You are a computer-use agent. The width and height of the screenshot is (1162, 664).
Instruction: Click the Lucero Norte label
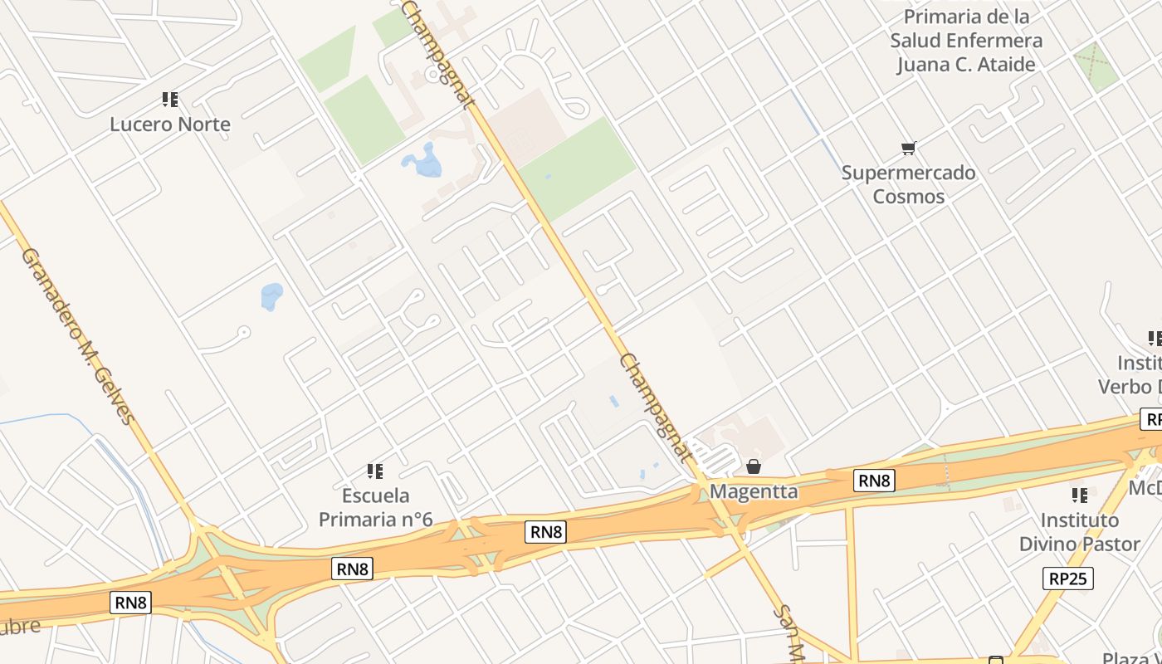pos(170,124)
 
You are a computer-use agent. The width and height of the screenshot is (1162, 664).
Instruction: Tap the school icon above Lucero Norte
pos(170,100)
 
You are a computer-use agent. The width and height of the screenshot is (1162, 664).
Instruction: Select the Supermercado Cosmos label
pos(908,184)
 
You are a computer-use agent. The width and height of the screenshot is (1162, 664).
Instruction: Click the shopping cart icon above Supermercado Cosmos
pos(908,149)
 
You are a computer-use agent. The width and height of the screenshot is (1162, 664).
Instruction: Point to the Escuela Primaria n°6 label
pos(376,508)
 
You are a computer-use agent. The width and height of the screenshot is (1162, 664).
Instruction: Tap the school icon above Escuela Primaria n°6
pos(375,471)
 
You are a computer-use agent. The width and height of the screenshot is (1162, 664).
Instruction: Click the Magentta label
pos(754,491)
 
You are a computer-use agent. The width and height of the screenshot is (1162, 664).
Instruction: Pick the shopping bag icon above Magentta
pos(754,466)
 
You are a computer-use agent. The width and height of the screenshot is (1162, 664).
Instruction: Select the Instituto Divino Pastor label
pos(1079,532)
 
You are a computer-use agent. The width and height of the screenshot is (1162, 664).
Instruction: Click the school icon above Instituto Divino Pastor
pos(1079,496)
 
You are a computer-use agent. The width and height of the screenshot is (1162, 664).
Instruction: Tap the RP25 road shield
pos(1067,579)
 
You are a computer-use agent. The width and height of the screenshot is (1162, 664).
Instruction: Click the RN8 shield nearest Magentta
pos(874,480)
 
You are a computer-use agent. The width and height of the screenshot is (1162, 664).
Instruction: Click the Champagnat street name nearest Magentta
pos(656,407)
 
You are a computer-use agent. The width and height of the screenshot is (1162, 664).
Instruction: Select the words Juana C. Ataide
pos(965,65)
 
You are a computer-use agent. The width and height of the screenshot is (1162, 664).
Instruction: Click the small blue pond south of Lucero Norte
pos(271,295)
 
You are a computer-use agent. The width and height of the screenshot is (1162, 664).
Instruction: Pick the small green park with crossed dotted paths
pos(1096,66)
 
